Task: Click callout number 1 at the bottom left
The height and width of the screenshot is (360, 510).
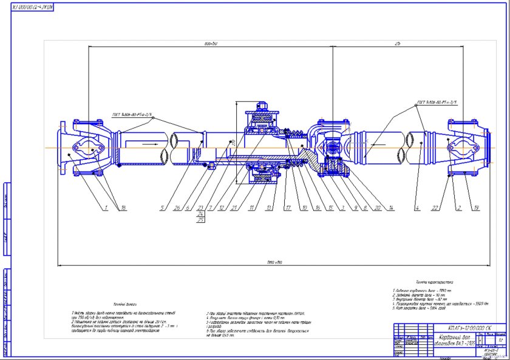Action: [105, 208]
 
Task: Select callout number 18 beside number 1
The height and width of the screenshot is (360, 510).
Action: [124, 208]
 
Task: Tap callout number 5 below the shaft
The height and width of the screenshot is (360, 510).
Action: [163, 208]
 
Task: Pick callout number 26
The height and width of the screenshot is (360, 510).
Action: [176, 208]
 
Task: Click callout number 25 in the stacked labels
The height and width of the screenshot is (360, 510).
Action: [201, 220]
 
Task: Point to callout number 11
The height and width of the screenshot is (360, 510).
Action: [250, 208]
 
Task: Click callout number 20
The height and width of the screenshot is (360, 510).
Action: [376, 208]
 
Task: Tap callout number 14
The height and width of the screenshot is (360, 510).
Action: [392, 208]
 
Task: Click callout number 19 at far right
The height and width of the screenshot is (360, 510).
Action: [476, 208]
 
